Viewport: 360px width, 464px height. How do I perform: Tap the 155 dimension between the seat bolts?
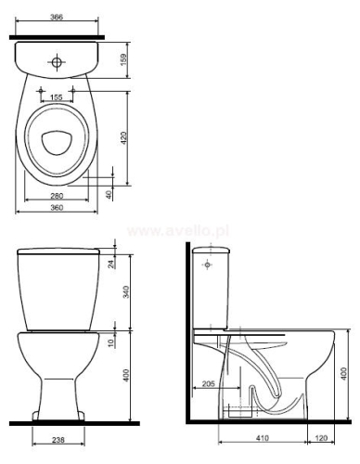pyautogui.click(x=57, y=97)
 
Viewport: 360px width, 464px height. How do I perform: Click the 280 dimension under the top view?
pyautogui.click(x=57, y=196)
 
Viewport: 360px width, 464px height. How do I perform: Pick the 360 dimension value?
pyautogui.click(x=57, y=210)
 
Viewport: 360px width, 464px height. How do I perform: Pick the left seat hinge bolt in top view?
pyautogui.click(x=40, y=89)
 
